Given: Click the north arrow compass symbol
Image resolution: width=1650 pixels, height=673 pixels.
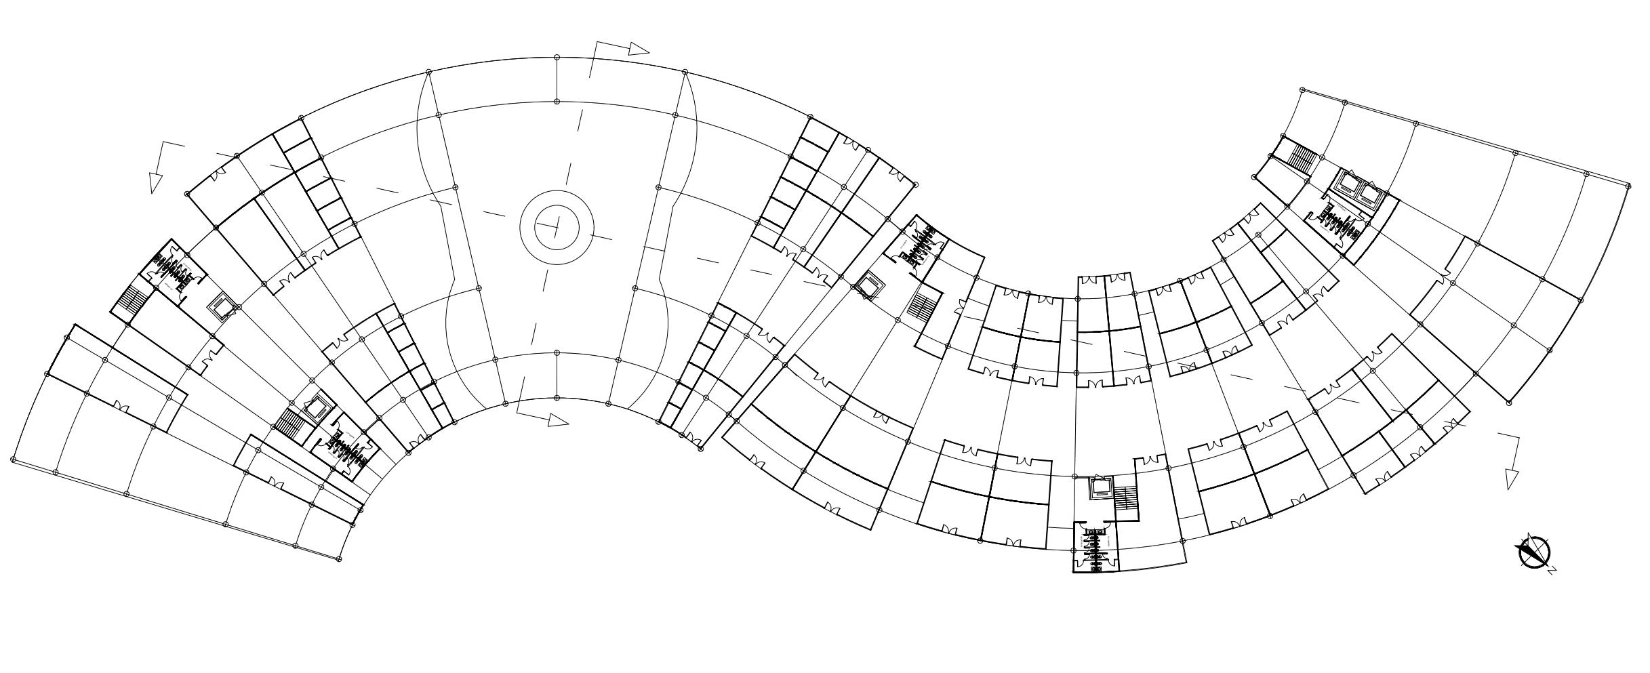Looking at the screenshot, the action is (x=1533, y=552).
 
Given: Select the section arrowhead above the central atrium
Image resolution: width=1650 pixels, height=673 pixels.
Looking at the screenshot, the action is (x=639, y=49).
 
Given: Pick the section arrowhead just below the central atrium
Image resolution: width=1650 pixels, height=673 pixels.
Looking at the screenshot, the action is (x=558, y=420).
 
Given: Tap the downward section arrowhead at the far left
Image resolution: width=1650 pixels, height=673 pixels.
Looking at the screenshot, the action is (x=156, y=183).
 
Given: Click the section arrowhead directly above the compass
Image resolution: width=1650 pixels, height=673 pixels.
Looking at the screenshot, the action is (x=1512, y=478).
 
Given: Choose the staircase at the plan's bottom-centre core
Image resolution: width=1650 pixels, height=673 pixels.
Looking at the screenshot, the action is (x=1125, y=498).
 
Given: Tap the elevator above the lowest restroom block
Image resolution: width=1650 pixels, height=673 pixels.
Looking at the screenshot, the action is (x=1100, y=488).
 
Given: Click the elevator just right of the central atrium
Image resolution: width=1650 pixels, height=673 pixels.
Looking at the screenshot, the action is (x=866, y=285).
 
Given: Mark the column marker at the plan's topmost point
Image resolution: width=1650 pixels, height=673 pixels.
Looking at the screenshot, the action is (x=557, y=58).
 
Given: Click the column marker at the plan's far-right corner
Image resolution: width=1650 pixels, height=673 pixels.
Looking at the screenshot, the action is (x=1628, y=185).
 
